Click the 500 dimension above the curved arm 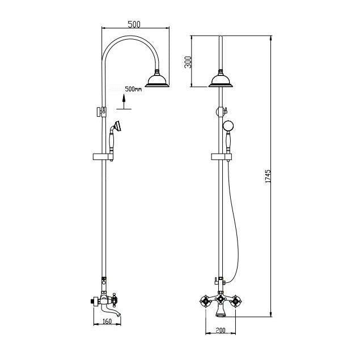pyautogui.click(x=134, y=24)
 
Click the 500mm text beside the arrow pyautogui.click(x=133, y=90)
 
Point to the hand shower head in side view pyautogui.click(x=117, y=126)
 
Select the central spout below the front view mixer pyautogui.click(x=219, y=311)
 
